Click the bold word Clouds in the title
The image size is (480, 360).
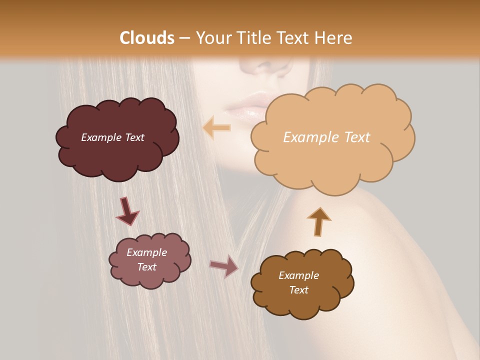click(x=147, y=38)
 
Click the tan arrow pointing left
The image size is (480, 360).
click(x=216, y=128)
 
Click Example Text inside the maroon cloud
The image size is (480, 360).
click(x=112, y=137)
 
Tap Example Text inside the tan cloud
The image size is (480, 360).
click(x=326, y=137)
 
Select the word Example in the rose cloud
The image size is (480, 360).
click(x=146, y=252)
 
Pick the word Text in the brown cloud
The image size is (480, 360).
click(x=298, y=290)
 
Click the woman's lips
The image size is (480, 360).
click(x=250, y=102)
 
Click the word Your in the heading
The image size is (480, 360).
click(x=212, y=38)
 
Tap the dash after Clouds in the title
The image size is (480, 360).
click(x=184, y=38)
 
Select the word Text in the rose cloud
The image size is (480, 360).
click(x=146, y=267)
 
